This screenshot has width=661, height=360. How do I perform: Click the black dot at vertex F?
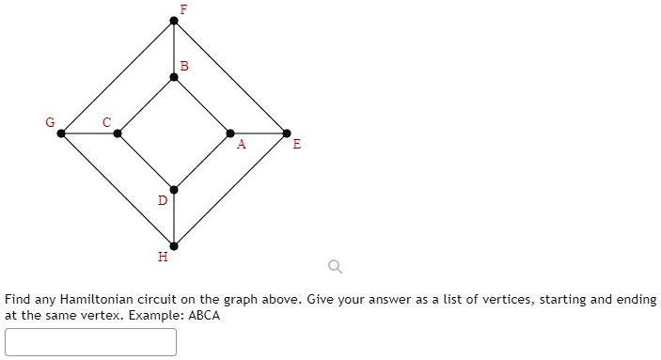click(174, 21)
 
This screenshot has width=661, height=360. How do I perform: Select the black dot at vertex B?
click(174, 77)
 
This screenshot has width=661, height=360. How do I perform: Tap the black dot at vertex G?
click(61, 133)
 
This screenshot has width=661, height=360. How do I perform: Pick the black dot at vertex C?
click(118, 133)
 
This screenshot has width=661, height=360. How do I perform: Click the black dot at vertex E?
click(287, 133)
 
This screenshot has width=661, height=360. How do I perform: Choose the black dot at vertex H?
click(174, 245)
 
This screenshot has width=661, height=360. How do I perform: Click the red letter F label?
click(183, 8)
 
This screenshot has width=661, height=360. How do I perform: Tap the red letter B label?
click(184, 66)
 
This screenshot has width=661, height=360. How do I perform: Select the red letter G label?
click(51, 121)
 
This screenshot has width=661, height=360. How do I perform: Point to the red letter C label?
click(107, 121)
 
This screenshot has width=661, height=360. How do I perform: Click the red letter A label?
click(241, 145)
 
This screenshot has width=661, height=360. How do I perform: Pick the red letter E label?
click(297, 145)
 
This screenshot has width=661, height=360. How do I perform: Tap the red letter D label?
click(162, 200)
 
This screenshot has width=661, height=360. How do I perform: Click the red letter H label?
click(163, 256)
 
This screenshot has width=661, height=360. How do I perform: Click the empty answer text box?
click(90, 341)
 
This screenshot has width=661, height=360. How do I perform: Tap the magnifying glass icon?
click(334, 268)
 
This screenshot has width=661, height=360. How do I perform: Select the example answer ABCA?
click(204, 316)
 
